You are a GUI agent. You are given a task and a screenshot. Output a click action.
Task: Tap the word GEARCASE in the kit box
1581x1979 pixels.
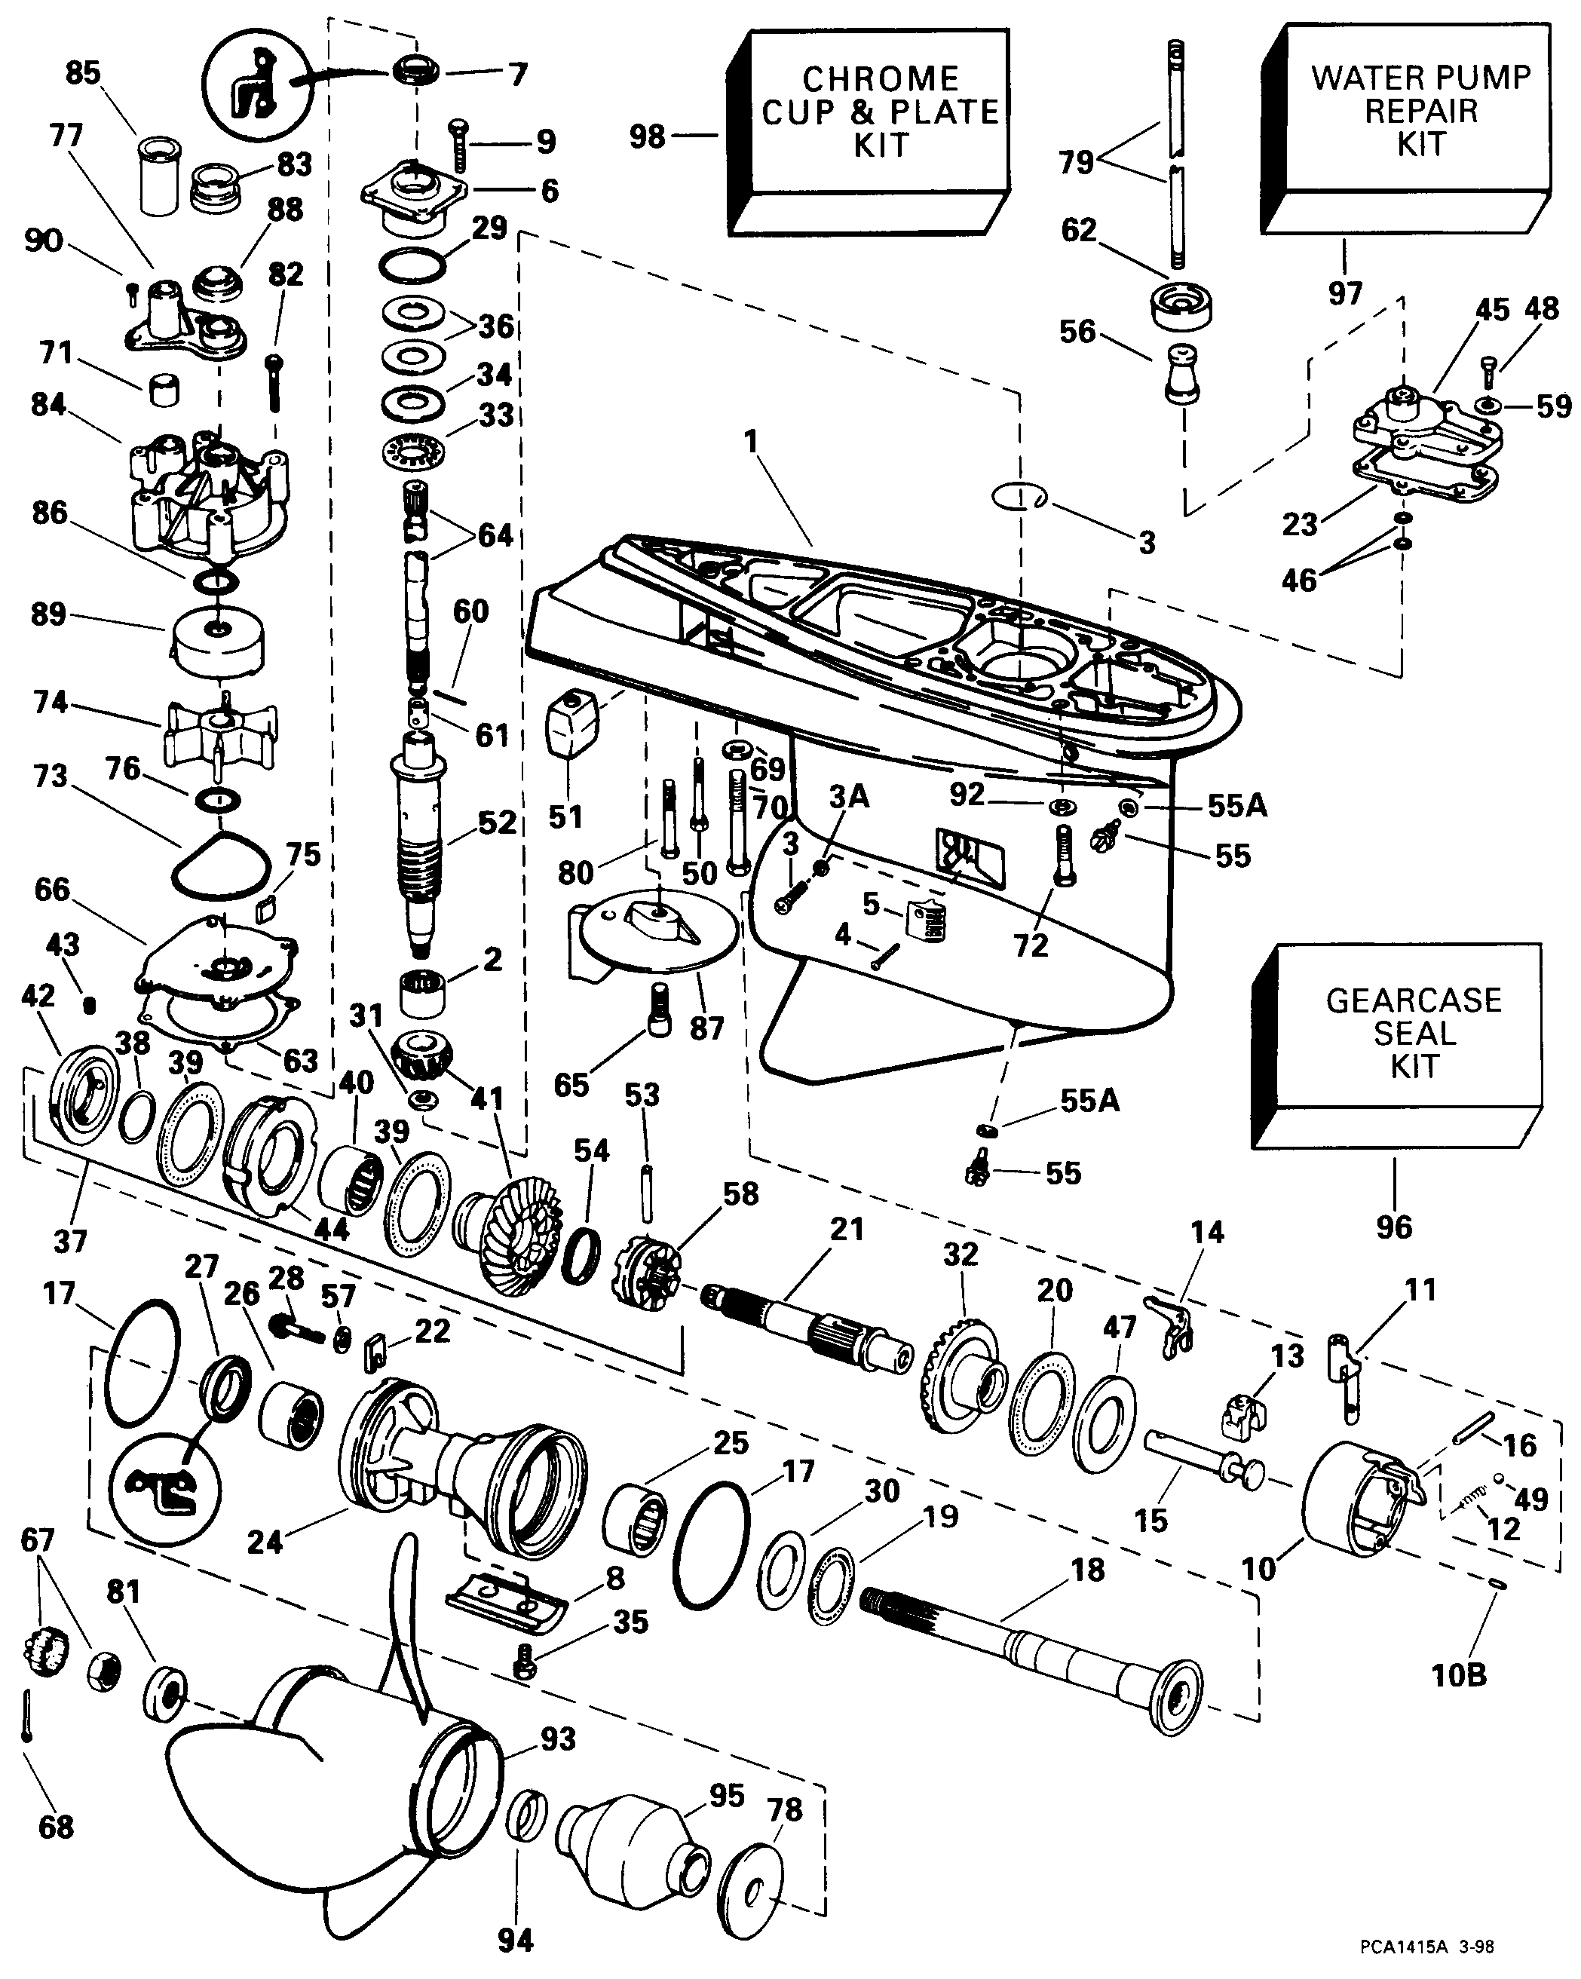[1413, 1000]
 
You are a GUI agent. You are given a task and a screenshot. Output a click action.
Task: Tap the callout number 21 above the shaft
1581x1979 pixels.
[847, 1229]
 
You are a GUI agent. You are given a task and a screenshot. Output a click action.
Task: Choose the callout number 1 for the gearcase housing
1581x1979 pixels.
[752, 443]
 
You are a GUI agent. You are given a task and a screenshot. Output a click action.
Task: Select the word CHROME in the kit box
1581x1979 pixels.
[881, 79]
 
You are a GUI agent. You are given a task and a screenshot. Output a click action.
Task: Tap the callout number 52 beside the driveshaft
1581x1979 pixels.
[497, 823]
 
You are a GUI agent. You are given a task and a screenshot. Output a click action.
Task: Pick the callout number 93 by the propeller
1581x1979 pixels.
[558, 1739]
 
